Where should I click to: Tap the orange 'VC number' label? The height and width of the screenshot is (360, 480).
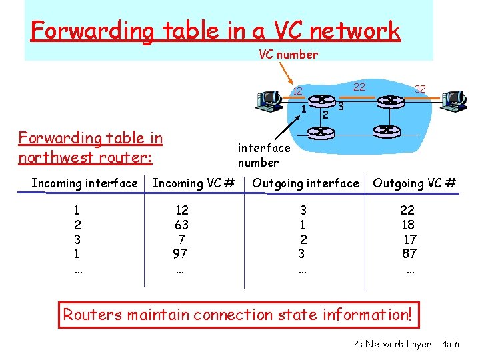pos(288,55)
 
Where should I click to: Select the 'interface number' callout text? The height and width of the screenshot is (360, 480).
pos(264,155)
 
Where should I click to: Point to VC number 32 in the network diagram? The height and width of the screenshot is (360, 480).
pos(420,88)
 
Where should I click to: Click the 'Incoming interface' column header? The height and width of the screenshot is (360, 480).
pos(85,183)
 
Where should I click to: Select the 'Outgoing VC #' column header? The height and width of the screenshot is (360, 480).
pos(415,183)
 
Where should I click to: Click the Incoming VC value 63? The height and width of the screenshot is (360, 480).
pos(181,225)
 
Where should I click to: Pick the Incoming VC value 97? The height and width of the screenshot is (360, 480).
pos(180,253)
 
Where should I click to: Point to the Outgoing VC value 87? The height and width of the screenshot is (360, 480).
pos(409,253)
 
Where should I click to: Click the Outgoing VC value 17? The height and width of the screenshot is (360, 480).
pos(410,239)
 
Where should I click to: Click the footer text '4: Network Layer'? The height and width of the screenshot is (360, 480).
pos(393,344)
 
